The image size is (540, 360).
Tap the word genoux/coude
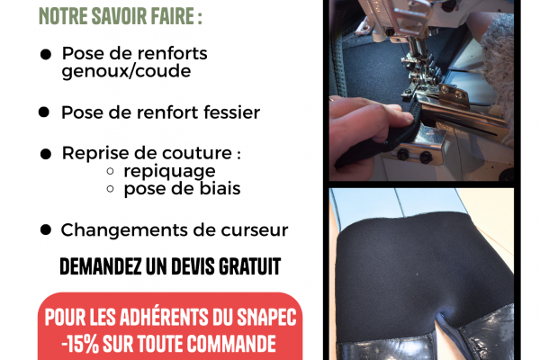pos(126,72)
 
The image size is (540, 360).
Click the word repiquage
pos(169,171)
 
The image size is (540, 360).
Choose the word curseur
pos(254,230)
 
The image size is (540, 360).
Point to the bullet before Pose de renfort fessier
pos(44,112)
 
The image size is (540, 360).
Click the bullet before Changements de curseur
pos(46,229)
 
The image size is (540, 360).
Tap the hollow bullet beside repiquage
pos(110,171)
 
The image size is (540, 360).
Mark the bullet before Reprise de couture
pos(46,154)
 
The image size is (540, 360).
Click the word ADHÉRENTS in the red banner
pos(164,317)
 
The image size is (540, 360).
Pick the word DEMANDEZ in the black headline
pos(101,266)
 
